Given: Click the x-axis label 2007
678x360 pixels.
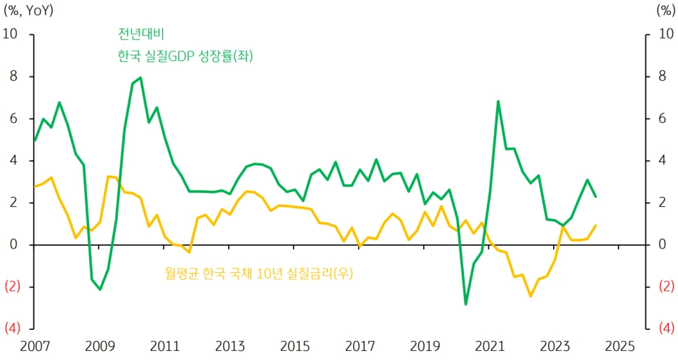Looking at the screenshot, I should pyautogui.click(x=34, y=346).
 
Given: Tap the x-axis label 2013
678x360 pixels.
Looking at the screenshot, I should pyautogui.click(x=230, y=346).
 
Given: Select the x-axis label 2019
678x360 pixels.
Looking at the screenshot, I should pyautogui.click(x=425, y=346).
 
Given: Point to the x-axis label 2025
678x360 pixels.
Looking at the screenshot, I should pyautogui.click(x=620, y=346).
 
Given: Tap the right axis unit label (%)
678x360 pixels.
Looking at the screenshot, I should pyautogui.click(x=664, y=11).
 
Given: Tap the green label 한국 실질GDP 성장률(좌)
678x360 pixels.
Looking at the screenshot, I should pyautogui.click(x=185, y=56).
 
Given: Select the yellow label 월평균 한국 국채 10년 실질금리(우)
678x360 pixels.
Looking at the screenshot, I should pyautogui.click(x=260, y=272).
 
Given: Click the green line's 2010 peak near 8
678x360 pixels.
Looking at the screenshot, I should pyautogui.click(x=140, y=78).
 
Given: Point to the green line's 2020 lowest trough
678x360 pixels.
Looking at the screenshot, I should pyautogui.click(x=465, y=304).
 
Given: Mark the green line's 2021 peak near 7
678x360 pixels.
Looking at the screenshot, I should pyautogui.click(x=498, y=101).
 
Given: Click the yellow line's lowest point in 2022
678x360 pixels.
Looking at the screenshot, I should pyautogui.click(x=531, y=296).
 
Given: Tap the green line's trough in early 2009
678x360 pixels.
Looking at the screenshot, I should pyautogui.click(x=100, y=289).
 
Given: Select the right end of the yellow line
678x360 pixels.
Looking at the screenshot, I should pyautogui.click(x=596, y=225).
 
